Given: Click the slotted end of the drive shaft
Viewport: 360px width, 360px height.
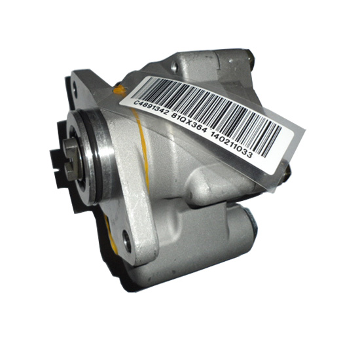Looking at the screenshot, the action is tap(71, 159).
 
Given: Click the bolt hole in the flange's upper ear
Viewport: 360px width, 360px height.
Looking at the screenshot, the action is tap(75, 89).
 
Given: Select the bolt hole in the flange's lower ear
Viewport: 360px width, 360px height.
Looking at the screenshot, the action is tap(127, 242).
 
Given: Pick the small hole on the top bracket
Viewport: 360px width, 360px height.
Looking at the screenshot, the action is tap(175, 67).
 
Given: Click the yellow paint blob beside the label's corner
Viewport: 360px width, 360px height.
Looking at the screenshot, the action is tap(120, 91).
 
